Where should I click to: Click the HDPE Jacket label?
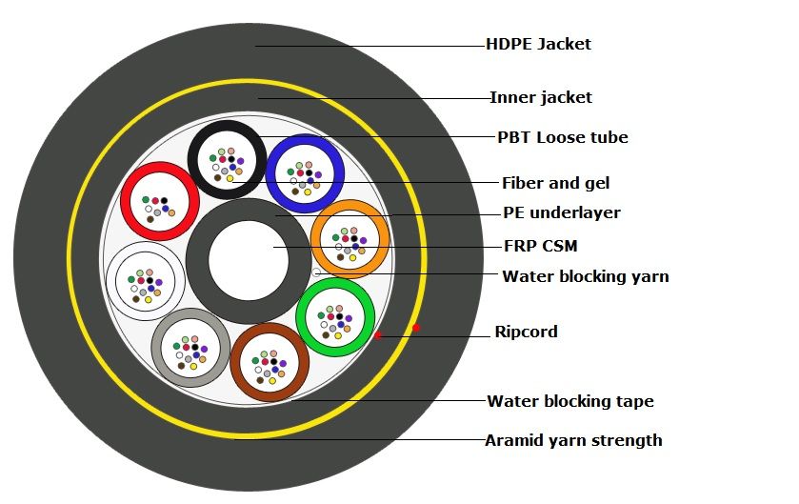[538, 44]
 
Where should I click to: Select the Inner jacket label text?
[540, 97]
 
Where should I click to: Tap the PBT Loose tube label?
[562, 137]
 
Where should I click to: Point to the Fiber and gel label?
[555, 183]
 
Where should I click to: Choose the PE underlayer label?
[561, 212]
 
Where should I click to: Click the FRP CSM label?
[540, 246]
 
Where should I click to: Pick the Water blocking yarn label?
[585, 276]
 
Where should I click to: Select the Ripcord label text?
[526, 332]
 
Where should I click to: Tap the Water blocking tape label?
[569, 401]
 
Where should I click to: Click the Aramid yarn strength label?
[573, 440]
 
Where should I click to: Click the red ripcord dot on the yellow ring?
[416, 328]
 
